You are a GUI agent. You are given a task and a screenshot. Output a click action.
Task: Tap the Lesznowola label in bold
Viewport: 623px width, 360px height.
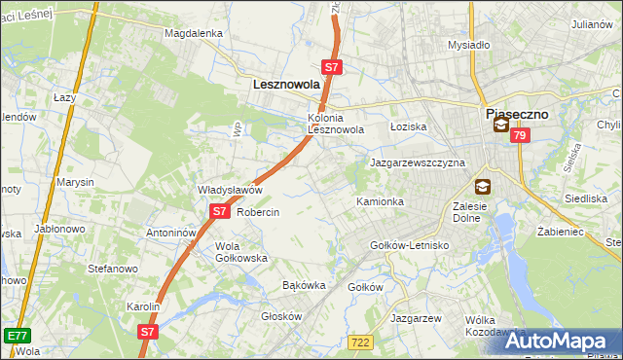click(x=286, y=85)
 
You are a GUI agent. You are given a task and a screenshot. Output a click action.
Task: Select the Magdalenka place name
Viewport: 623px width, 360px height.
click(x=194, y=32)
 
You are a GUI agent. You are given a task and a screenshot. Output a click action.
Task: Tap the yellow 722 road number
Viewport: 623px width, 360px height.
click(x=359, y=341)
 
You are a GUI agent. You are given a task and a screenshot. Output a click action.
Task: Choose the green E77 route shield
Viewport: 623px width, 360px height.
click(x=15, y=335)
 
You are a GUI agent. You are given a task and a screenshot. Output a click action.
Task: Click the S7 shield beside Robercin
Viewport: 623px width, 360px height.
click(x=219, y=210)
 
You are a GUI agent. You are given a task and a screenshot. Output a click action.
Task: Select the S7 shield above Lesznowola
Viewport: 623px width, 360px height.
click(x=332, y=67)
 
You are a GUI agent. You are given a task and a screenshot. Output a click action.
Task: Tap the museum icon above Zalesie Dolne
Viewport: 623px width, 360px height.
click(x=482, y=186)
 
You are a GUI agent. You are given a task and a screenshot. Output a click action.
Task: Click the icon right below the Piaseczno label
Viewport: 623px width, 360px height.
click(x=500, y=126)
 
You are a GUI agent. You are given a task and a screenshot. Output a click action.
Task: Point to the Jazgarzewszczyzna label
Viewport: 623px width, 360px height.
click(x=417, y=162)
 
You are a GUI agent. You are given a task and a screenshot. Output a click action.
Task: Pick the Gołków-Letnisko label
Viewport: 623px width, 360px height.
click(x=410, y=245)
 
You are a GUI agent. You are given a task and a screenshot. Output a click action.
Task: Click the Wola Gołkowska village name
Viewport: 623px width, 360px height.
click(x=240, y=252)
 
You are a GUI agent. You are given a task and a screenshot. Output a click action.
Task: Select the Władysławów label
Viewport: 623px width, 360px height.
click(x=231, y=190)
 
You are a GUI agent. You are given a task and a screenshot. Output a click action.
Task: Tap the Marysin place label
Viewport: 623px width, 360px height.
click(x=75, y=182)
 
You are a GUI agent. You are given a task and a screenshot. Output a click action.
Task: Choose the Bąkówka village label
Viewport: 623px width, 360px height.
click(x=303, y=286)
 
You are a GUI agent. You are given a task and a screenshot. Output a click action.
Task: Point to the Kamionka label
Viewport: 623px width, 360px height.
click(x=380, y=201)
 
